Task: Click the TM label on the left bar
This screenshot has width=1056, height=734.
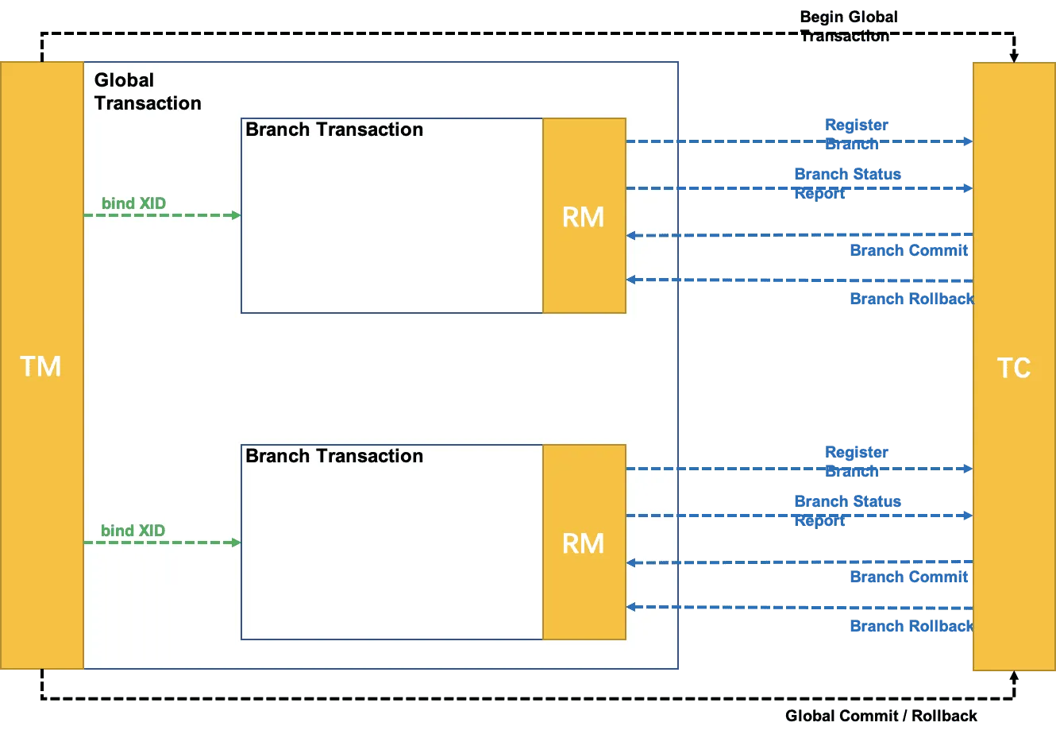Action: click(x=40, y=366)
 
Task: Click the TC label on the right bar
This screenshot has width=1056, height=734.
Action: click(x=1014, y=368)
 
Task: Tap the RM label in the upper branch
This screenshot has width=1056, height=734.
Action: click(x=583, y=218)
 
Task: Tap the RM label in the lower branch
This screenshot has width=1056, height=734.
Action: click(x=583, y=544)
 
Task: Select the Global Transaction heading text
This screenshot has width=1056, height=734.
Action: click(x=148, y=91)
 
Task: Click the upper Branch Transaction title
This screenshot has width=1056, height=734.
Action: click(x=334, y=129)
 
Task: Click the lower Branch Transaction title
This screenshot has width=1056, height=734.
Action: click(x=334, y=456)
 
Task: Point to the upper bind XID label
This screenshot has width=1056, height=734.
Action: click(x=134, y=203)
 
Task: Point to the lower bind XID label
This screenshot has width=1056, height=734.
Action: click(x=133, y=531)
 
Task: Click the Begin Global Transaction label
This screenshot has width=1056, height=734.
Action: click(x=849, y=26)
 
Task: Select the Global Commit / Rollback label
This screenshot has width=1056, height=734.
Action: click(x=881, y=716)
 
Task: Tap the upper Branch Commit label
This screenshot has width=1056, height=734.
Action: click(x=909, y=250)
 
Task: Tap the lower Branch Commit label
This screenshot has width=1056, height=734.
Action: click(x=909, y=577)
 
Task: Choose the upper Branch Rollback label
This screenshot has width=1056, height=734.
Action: click(x=912, y=299)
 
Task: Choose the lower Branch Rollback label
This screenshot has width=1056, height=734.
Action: click(x=912, y=626)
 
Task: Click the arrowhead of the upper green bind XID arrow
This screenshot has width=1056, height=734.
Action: click(x=237, y=215)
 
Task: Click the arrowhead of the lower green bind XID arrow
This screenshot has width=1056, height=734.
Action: click(x=237, y=543)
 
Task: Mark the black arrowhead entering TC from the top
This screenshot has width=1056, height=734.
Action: click(x=1014, y=57)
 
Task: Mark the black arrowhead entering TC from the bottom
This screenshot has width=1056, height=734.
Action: click(x=1014, y=676)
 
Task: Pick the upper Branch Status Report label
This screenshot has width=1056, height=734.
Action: click(x=848, y=183)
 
